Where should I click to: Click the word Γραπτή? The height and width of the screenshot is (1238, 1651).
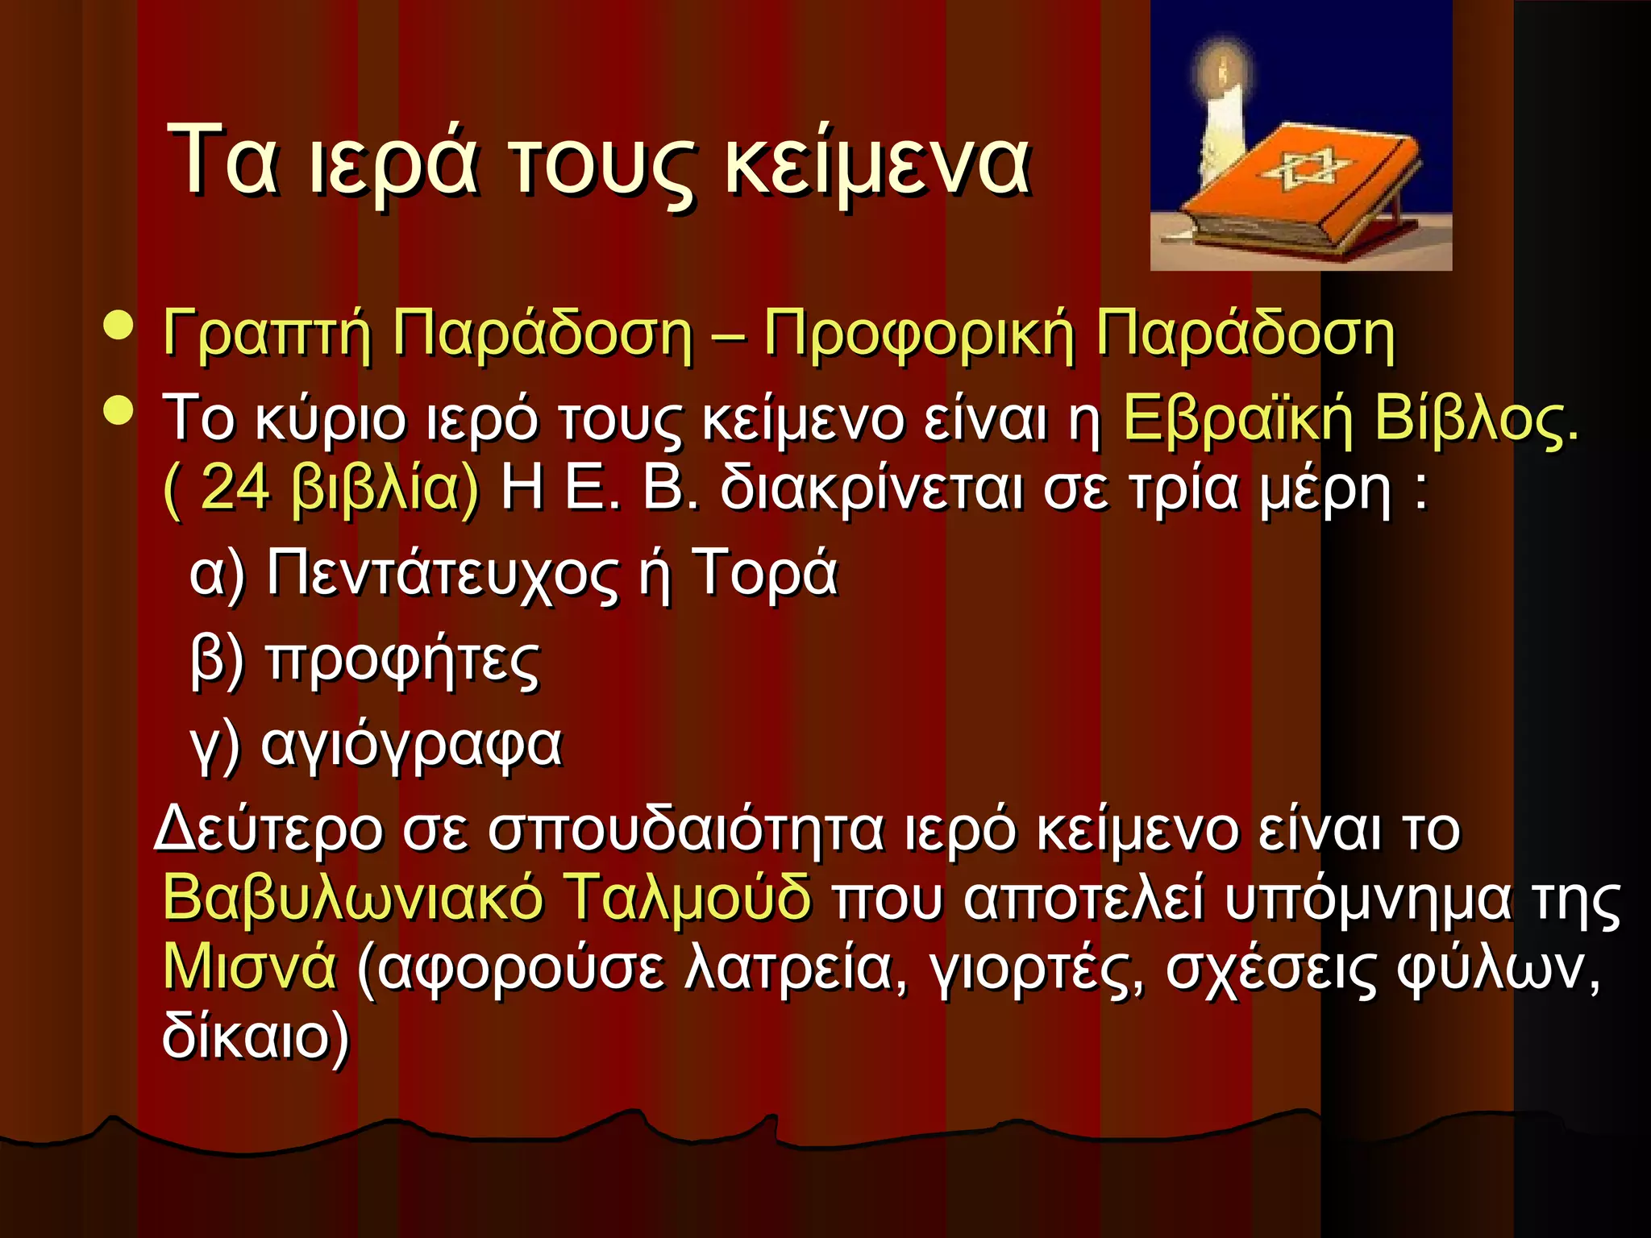tap(267, 334)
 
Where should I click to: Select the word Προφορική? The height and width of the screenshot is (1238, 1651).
tap(919, 334)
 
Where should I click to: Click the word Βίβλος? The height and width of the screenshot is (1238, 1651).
tap(1475, 418)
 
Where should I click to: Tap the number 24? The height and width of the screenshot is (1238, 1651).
tap(235, 488)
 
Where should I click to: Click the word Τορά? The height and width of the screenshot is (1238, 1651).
tap(765, 572)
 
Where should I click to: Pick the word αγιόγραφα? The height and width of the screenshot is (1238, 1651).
tap(411, 746)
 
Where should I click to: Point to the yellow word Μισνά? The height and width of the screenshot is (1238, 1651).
tap(249, 966)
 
